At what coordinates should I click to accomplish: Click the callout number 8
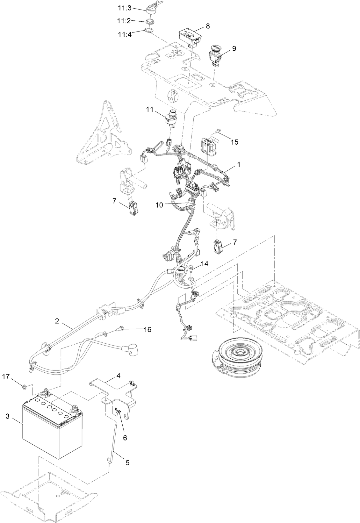(x=208, y=26)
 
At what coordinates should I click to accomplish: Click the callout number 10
(x=159, y=205)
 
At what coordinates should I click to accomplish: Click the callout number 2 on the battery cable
(x=57, y=321)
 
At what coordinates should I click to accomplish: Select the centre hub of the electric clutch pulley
(x=238, y=352)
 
